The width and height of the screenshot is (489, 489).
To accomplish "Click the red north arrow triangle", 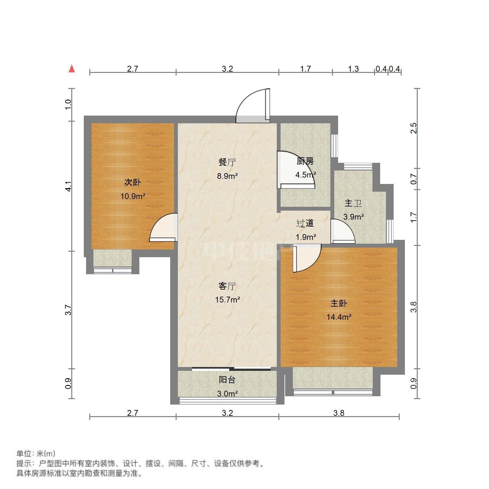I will click(72, 69).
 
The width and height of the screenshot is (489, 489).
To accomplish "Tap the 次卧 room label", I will click(133, 183).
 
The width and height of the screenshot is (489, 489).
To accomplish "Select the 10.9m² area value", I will click(133, 196).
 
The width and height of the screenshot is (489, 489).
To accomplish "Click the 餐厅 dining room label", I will click(227, 162).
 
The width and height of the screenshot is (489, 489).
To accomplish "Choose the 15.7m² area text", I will click(227, 300).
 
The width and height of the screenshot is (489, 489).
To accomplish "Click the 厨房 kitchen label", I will click(305, 161).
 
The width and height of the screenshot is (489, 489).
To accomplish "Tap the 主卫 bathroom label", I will click(353, 203).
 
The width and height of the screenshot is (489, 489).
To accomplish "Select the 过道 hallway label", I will click(305, 223).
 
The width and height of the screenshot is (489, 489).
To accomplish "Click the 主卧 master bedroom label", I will click(339, 303).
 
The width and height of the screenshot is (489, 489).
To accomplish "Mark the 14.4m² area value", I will click(339, 317).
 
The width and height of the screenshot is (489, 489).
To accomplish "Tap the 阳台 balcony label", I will click(227, 380).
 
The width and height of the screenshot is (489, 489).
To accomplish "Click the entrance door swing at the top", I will click(252, 106).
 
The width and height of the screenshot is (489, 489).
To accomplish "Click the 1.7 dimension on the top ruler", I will click(305, 69).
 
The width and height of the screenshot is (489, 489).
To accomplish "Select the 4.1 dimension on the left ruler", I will click(68, 187).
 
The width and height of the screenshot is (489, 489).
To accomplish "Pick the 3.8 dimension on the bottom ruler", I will click(339, 413).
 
